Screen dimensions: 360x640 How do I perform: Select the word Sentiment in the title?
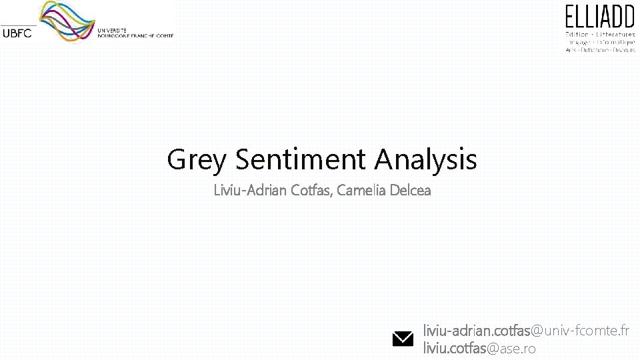[x=301, y=159]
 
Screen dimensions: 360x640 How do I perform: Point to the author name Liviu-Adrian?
[x=250, y=191]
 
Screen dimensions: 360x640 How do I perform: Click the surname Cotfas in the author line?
[x=312, y=191]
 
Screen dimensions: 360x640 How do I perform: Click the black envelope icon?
[x=403, y=339]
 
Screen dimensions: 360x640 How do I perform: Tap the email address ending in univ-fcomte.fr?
[x=526, y=330]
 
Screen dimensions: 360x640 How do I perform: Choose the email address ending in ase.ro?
[x=479, y=348]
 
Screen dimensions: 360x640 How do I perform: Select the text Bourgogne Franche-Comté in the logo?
[x=135, y=36]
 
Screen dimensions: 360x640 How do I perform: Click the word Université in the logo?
[x=112, y=31]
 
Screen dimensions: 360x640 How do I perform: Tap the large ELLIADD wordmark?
[x=601, y=17]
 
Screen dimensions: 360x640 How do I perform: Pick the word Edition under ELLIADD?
[x=577, y=33]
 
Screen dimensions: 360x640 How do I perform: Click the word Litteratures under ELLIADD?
[x=617, y=33]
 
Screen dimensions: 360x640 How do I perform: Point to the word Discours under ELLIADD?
[x=623, y=49]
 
